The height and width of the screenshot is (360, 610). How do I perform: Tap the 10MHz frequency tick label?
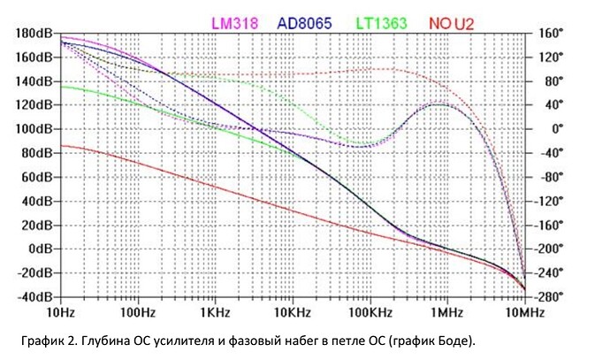522,312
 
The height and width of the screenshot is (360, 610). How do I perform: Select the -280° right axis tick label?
551,296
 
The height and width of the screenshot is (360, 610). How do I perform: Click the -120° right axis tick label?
551,201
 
